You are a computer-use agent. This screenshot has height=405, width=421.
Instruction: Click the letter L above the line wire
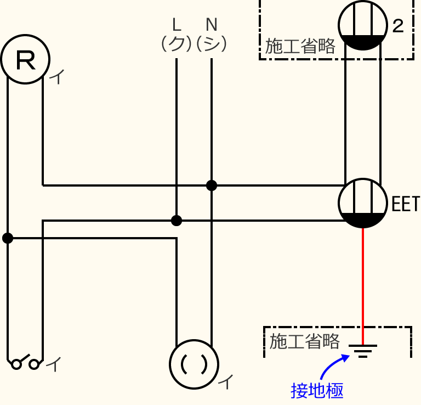coord(176,25)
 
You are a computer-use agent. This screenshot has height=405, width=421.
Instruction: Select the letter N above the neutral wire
coord(212,25)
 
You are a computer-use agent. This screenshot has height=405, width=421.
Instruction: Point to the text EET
coord(405,204)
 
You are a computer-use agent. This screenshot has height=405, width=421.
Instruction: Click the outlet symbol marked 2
coord(360,25)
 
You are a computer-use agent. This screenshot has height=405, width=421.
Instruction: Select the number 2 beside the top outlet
coord(398,26)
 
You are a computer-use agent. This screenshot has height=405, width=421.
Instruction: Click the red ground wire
coord(363,285)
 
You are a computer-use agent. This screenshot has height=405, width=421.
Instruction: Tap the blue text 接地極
coord(317,391)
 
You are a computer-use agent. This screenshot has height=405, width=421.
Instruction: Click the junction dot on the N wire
coord(212,185)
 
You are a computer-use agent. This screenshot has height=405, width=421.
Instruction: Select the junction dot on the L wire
coord(176,221)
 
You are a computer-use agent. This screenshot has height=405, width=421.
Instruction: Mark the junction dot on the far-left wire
coord(8,238)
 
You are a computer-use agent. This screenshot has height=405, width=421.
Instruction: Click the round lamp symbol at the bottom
coord(194,364)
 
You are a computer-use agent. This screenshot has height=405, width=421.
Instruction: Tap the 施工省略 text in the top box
coord(300,47)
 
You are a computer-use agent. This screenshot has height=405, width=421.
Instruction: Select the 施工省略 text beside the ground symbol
coord(304,341)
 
